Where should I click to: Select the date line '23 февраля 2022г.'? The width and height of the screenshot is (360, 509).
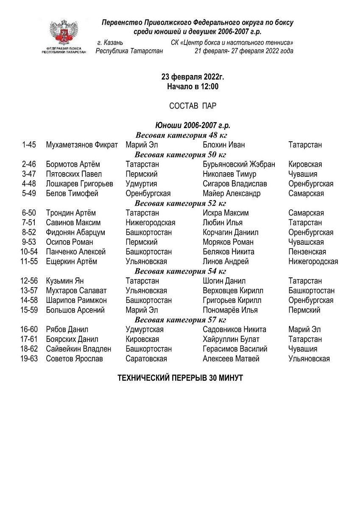tap(193, 77)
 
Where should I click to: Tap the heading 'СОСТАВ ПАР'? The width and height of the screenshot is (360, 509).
tap(193, 106)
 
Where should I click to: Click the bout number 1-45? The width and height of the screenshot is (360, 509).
tap(29, 145)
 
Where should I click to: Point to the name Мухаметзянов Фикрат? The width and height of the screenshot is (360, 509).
tap(82, 145)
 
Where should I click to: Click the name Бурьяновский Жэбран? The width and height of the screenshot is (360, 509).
tap(239, 165)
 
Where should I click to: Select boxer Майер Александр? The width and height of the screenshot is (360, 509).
tap(232, 193)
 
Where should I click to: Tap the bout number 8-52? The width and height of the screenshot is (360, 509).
tap(29, 232)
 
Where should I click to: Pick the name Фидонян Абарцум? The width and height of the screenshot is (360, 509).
tap(75, 232)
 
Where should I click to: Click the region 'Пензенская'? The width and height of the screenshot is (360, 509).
tap(307, 252)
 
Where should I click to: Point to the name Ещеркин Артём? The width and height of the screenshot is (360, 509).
tap(71, 262)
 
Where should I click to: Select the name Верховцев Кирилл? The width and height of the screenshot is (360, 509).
tap(233, 291)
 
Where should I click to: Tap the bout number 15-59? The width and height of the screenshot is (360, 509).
tap(29, 310)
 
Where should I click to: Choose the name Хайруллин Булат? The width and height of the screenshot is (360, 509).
tap(231, 339)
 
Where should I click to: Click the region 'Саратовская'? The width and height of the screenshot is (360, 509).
tap(146, 359)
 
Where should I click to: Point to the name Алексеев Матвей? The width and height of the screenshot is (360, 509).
tap(231, 359)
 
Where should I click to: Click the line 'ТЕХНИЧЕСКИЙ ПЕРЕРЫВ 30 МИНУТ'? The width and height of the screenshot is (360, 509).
tap(180, 378)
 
